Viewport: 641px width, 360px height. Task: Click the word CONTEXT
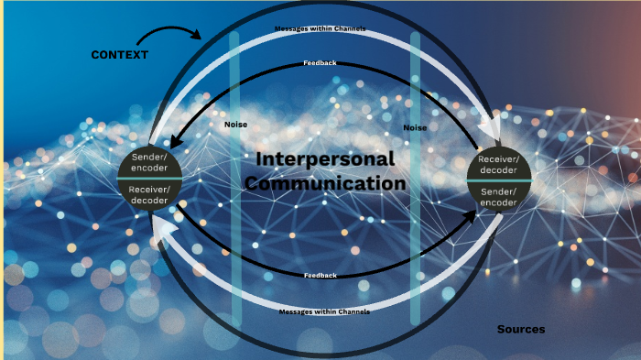tap(120, 55)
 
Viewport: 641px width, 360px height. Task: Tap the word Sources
tap(521, 329)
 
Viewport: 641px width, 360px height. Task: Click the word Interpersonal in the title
tap(325, 158)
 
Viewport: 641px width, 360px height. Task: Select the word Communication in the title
tap(325, 183)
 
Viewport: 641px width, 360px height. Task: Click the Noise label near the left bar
tap(235, 125)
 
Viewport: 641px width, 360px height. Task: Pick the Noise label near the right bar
tap(415, 128)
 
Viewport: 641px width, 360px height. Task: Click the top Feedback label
tap(320, 63)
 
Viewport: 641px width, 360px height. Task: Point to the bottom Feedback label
tap(320, 276)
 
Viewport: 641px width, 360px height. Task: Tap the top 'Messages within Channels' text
tap(320, 29)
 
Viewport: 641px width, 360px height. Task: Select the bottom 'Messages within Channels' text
tap(324, 311)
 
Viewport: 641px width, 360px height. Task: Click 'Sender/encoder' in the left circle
tap(150, 164)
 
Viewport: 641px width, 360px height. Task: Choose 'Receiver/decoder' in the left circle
tap(150, 194)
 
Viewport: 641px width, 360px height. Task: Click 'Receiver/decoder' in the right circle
tap(499, 165)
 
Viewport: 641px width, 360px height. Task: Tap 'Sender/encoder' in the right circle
tap(499, 196)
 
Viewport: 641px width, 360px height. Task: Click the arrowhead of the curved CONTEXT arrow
tap(199, 36)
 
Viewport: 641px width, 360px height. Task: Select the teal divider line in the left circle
tap(150, 179)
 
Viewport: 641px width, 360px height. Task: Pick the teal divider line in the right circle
tap(499, 180)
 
